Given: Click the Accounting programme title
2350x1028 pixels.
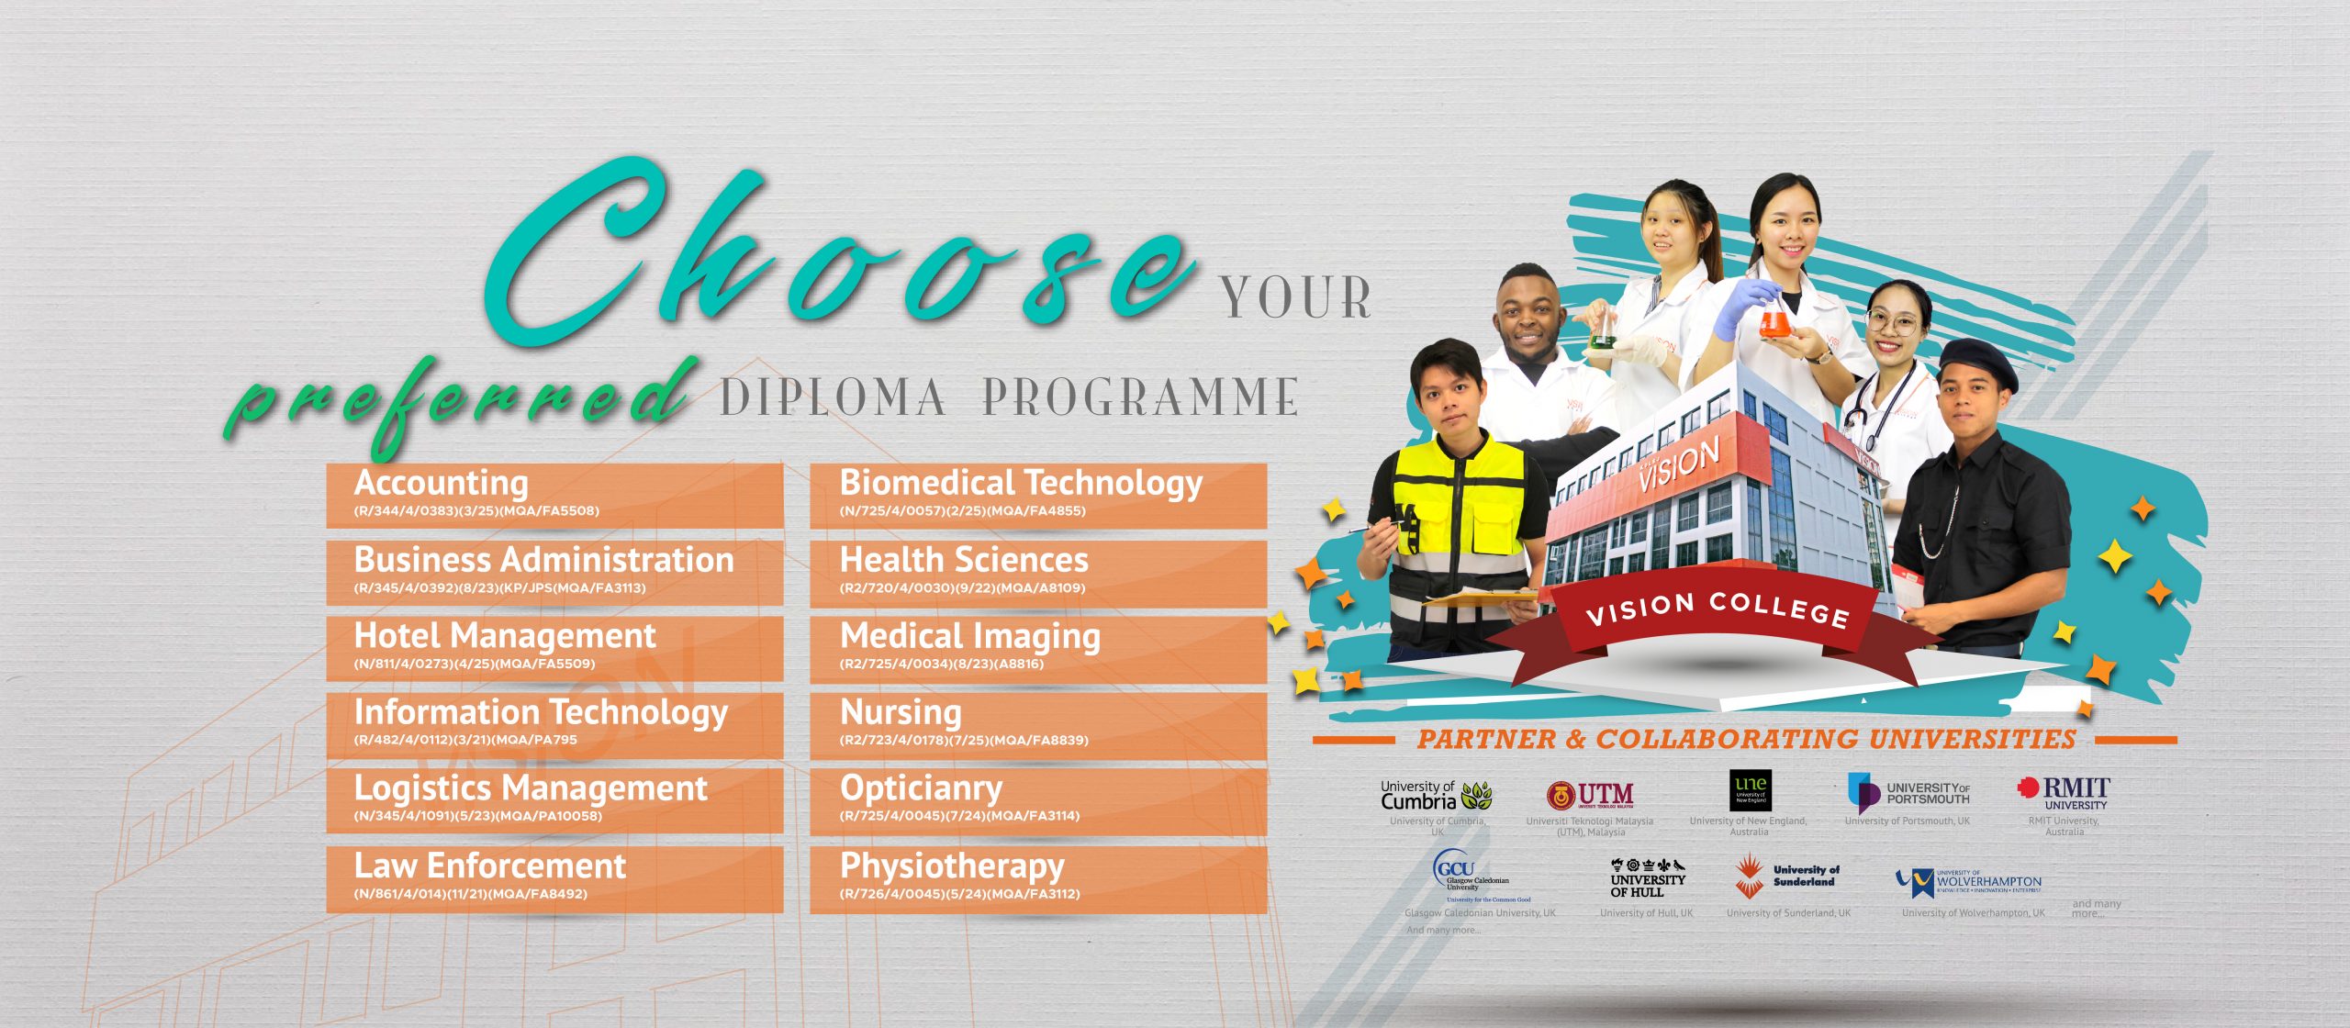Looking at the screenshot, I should pos(442,483).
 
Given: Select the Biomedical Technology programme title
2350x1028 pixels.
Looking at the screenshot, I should pos(1021,483).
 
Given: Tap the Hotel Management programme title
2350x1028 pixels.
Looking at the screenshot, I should pos(505,635).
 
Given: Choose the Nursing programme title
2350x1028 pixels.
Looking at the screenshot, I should pos(901,712).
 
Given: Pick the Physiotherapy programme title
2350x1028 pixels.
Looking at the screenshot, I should pos(952,866).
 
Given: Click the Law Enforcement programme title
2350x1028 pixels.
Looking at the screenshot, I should pos(490,866).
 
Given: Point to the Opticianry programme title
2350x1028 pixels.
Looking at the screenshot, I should pos(921,788).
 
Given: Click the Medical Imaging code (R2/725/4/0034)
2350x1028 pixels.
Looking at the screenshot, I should pos(942,664).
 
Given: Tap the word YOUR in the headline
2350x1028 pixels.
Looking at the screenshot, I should pos(1295,298).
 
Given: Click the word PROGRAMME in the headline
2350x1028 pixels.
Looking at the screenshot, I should pos(1140,397).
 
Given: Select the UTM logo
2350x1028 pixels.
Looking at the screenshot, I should pos(1590,795).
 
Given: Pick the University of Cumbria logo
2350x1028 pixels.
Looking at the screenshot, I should pos(1436,795).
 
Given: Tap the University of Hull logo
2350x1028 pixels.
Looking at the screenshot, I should pos(1648,878).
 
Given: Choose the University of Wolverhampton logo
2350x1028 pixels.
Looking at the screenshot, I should pos(1969,882).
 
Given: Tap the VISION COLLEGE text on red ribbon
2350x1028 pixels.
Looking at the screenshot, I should pos(1717,609).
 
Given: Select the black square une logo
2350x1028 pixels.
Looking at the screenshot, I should pos(1750,790).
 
